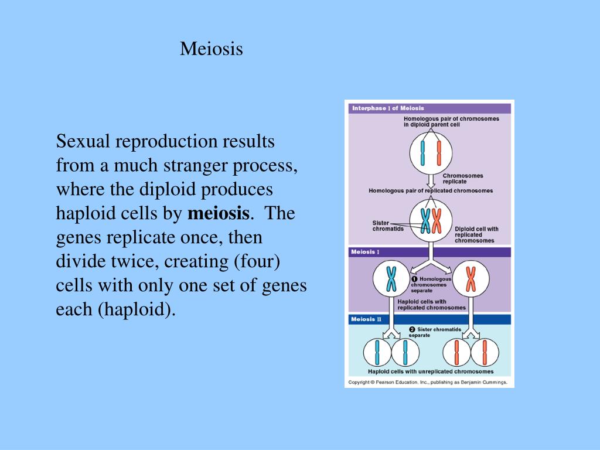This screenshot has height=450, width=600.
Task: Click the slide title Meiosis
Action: point(211,49)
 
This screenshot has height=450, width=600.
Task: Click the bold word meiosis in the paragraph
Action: point(219,213)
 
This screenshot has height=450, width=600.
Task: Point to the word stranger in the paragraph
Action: point(199,165)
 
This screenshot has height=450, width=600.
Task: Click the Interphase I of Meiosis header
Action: point(388,108)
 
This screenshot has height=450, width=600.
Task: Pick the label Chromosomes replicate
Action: point(463,178)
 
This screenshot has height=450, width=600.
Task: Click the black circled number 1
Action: point(414,279)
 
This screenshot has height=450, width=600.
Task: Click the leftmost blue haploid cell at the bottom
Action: point(377,353)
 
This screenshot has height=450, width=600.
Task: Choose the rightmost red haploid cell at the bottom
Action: point(485,353)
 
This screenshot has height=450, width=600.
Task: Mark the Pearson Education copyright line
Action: point(428,382)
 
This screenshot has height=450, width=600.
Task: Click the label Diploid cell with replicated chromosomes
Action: point(476,234)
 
